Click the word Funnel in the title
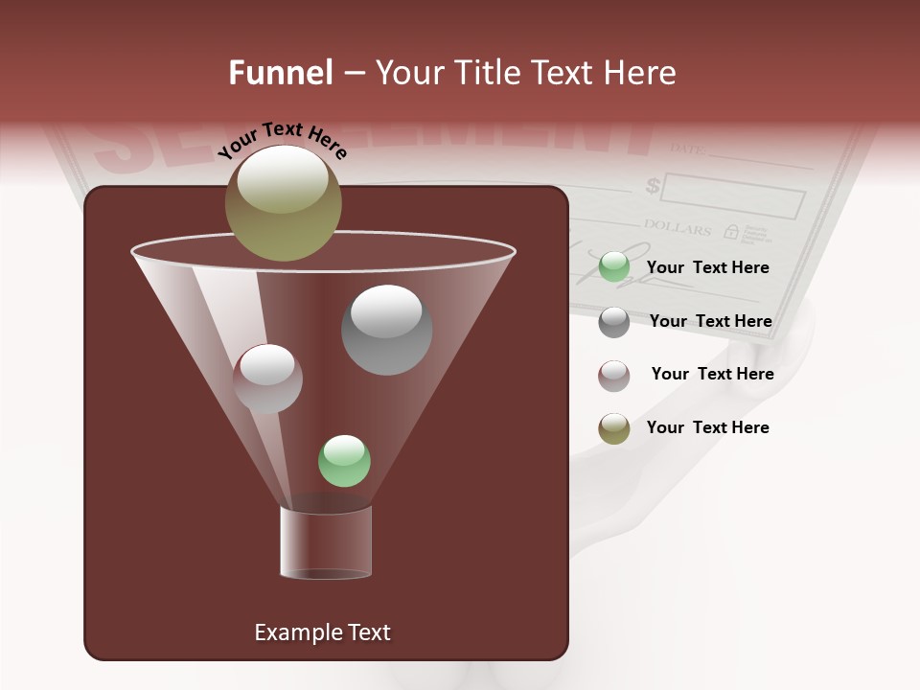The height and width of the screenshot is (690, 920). tap(280, 73)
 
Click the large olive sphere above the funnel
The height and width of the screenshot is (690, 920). tap(283, 202)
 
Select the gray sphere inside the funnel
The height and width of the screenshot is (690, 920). tap(386, 330)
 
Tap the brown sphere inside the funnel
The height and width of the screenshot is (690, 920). tap(267, 379)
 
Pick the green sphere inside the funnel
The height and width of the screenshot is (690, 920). tap(344, 461)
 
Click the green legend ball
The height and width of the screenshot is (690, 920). tap(614, 267)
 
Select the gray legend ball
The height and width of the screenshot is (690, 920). tap(614, 321)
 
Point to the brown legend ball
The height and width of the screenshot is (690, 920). tap(614, 375)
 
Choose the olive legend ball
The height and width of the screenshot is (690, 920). tap(614, 428)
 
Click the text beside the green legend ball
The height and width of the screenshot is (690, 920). tap(707, 267)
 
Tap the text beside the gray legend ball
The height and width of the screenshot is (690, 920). tap(710, 321)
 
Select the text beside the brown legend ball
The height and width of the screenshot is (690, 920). tap(712, 374)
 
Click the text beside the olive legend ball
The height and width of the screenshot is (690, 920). tap(707, 427)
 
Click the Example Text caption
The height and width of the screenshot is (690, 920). tap(322, 632)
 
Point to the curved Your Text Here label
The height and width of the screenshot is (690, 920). tap(282, 140)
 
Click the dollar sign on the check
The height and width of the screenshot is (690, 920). tap(653, 185)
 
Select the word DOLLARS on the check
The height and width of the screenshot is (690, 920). tap(677, 229)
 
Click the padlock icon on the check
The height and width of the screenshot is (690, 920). tap(731, 231)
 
